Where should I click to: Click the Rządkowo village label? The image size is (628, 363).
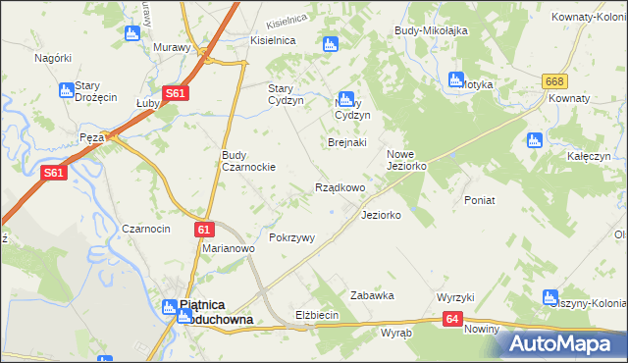(340, 187)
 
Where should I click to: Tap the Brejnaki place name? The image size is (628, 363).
(346, 142)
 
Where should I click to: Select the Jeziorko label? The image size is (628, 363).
(381, 215)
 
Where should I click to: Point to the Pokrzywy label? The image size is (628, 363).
(291, 238)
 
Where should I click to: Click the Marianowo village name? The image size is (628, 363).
(229, 249)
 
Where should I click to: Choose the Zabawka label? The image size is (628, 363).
(372, 295)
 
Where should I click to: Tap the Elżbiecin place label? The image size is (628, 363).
(317, 315)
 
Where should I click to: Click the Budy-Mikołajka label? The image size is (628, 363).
(430, 30)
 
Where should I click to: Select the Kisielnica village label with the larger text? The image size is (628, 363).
(274, 40)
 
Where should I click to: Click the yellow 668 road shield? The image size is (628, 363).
(555, 81)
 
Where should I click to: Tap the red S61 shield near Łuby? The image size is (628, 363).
(175, 93)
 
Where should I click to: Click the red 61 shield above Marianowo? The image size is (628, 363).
(203, 230)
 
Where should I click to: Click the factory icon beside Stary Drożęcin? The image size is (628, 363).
(67, 90)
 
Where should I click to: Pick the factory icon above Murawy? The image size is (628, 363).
(133, 34)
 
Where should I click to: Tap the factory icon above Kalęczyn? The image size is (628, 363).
(534, 140)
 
